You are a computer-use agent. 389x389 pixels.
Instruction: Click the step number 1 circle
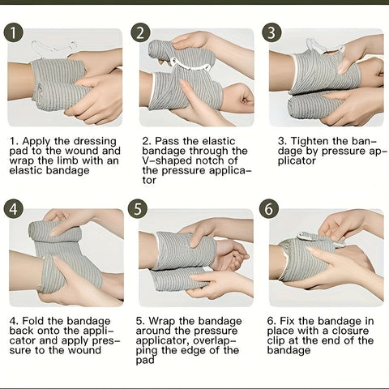tap(14, 32)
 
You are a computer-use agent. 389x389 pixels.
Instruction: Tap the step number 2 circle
tap(140, 32)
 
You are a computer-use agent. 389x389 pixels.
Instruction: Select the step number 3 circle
tap(271, 32)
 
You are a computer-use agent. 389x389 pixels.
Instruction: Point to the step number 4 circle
tap(14, 209)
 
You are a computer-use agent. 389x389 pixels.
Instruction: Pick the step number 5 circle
tap(138, 209)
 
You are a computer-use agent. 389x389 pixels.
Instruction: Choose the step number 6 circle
tap(269, 209)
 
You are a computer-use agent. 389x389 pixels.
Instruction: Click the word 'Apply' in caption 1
tap(36, 142)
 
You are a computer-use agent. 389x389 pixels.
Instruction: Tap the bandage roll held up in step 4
tap(54, 232)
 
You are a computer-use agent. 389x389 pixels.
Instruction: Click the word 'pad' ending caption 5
tap(145, 361)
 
